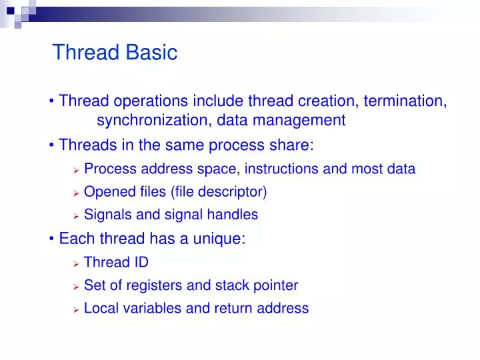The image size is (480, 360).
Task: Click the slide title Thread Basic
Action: [x=115, y=52]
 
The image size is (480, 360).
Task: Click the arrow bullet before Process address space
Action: [x=76, y=170]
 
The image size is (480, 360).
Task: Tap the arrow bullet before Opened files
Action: [x=76, y=193]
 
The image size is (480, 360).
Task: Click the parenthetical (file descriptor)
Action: [x=219, y=192]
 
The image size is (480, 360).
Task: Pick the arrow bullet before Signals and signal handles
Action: [x=76, y=216]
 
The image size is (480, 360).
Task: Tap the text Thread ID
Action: [x=116, y=262]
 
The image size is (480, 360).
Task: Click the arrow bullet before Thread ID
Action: [x=76, y=263]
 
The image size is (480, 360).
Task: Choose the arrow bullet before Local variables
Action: [x=76, y=309]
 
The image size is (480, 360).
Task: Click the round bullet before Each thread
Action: [x=52, y=239]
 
